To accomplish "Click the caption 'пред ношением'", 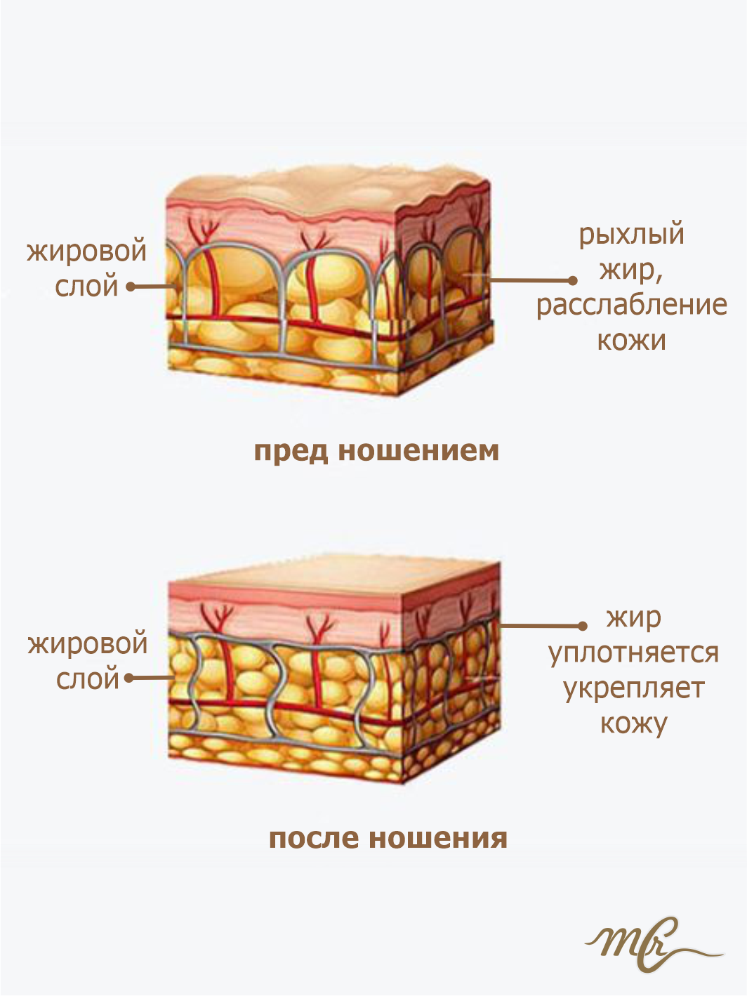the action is (x=376, y=451).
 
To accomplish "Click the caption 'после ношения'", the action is (x=388, y=838).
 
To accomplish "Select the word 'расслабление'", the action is (x=631, y=306).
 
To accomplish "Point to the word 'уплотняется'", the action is (x=633, y=653).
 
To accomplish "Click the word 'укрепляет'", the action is (x=633, y=688).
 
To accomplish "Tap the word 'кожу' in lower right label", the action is (x=633, y=723).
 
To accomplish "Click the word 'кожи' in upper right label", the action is (x=631, y=341).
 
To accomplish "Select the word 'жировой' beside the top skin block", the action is (x=87, y=251).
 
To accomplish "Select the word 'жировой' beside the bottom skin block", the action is (x=88, y=643).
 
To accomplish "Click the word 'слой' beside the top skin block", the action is (x=87, y=287).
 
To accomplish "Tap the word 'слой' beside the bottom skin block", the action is (x=88, y=679).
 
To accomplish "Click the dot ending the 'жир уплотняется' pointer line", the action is (x=582, y=625).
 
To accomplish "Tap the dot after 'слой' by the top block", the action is (x=130, y=287).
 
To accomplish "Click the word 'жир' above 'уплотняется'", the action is (x=633, y=618).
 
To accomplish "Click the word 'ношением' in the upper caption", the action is (x=418, y=451).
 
